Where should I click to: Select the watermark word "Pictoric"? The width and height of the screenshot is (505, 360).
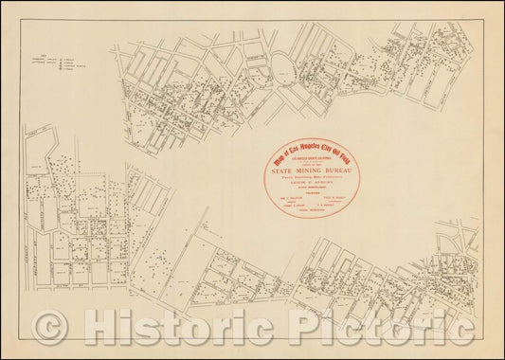(x=397, y=328)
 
